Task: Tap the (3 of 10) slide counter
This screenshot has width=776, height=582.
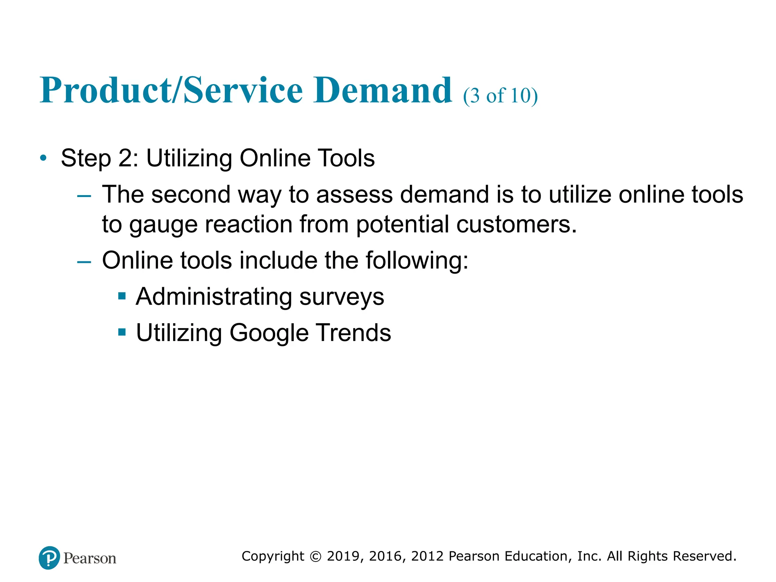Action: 500,95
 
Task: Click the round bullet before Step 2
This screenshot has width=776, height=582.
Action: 44,158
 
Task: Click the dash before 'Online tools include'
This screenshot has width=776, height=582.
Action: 84,262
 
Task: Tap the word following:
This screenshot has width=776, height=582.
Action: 417,261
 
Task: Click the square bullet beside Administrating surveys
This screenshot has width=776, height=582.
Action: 122,296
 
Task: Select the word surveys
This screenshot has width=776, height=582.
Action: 342,297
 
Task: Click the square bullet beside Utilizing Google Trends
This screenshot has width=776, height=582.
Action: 122,332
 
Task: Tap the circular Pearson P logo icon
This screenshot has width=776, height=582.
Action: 49,558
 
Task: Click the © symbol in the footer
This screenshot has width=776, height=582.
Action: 316,556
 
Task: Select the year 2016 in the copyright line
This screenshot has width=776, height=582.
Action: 385,556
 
